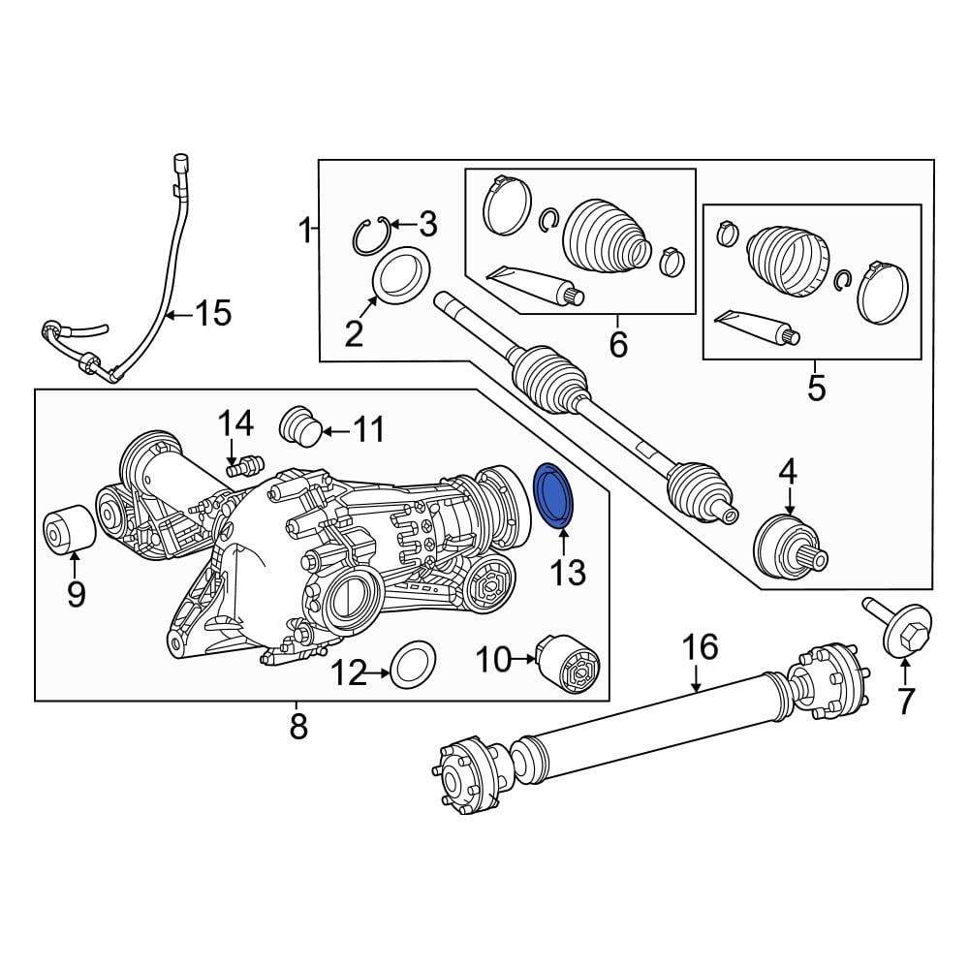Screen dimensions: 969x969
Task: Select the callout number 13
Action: coord(569,573)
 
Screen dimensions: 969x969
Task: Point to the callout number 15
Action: coord(213,313)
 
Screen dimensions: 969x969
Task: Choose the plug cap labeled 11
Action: coord(298,426)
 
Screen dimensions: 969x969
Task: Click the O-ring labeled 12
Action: coord(410,668)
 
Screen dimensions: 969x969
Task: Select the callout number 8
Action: coord(297,725)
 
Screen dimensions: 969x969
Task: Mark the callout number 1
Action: coord(304,231)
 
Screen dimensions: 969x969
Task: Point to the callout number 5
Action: coord(816,389)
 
